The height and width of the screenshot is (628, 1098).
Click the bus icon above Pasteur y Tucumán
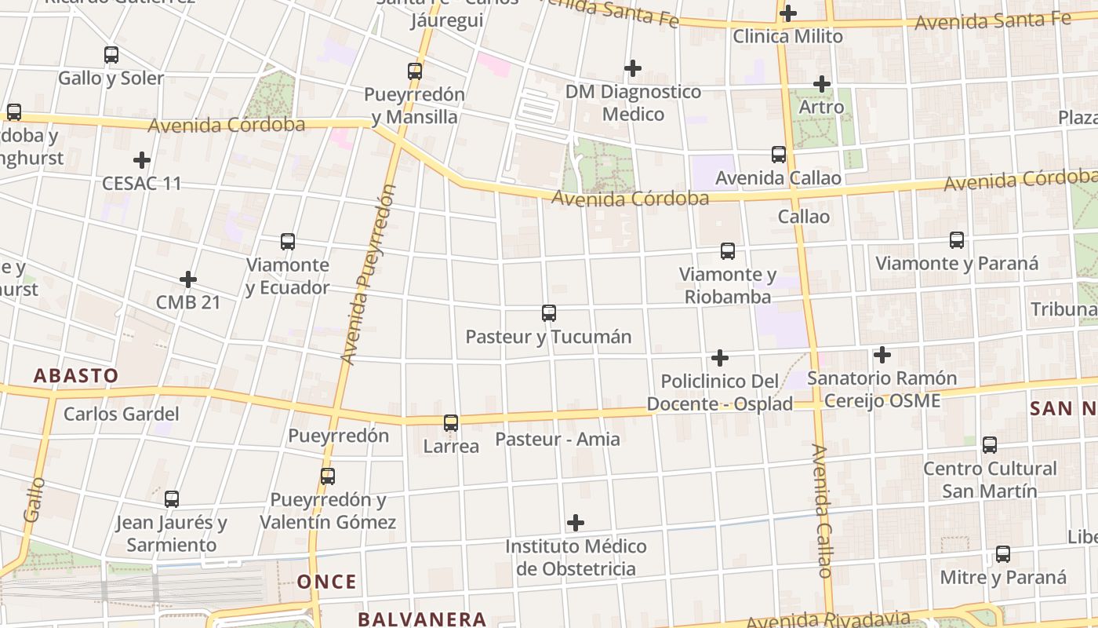[549, 313]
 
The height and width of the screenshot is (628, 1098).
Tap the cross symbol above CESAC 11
[142, 160]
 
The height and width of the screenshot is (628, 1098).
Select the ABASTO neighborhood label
[76, 375]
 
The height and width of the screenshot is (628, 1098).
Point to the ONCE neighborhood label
[326, 582]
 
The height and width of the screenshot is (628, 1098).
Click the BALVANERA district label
[422, 619]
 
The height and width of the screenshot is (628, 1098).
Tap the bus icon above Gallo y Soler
[111, 55]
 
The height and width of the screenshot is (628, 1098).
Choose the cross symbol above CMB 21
[188, 279]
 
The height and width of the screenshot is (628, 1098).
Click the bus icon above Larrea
[451, 423]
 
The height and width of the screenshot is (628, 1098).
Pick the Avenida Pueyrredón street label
[368, 275]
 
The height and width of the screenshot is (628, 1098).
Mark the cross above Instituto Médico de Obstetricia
[576, 523]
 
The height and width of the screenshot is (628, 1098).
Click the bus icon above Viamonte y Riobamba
[728, 251]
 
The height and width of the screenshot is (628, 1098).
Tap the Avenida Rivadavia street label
[827, 619]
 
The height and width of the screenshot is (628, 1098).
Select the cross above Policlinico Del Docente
[720, 359]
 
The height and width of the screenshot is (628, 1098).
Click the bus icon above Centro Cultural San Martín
[990, 445]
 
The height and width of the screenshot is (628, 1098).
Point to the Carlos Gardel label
[122, 414]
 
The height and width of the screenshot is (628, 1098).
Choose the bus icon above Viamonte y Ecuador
[288, 242]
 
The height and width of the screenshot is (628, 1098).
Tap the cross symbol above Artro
[822, 83]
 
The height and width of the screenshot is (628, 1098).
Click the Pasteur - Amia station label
[558, 439]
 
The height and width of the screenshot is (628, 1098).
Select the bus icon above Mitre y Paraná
[1003, 554]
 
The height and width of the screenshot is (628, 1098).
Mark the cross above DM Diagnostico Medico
[633, 68]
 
